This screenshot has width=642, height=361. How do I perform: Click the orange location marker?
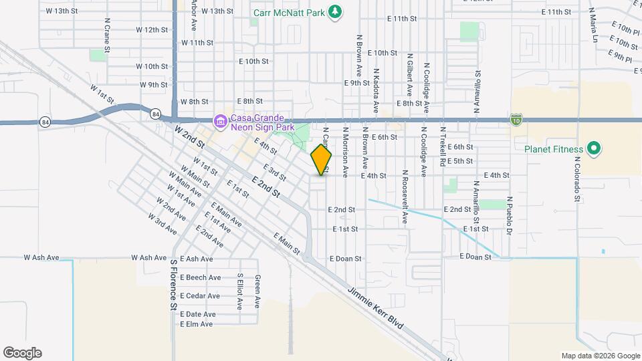click(322, 159)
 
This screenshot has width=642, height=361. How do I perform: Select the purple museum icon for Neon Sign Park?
click(220, 122)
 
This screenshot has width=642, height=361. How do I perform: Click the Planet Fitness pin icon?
click(593, 148)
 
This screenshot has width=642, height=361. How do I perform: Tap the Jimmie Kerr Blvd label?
click(376, 307)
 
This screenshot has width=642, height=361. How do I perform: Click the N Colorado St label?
click(576, 179)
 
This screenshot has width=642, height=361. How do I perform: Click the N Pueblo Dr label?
click(510, 215)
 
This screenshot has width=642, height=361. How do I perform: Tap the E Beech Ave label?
click(201, 277)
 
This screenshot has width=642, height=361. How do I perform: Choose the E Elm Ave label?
click(197, 324)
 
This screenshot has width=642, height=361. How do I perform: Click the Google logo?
click(22, 353)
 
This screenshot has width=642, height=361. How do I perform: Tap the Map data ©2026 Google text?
click(599, 356)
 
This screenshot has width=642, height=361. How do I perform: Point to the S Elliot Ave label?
click(239, 291)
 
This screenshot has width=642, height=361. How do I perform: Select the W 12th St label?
click(151, 30)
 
